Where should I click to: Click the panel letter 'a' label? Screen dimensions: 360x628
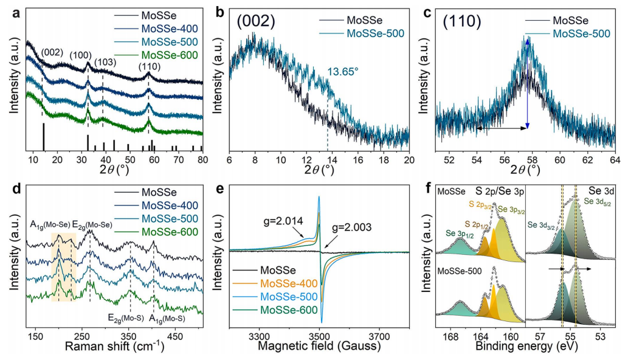[x=6, y=7]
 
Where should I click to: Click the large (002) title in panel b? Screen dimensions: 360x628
[x=251, y=21]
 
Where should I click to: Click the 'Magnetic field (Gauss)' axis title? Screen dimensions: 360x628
[x=319, y=347]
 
